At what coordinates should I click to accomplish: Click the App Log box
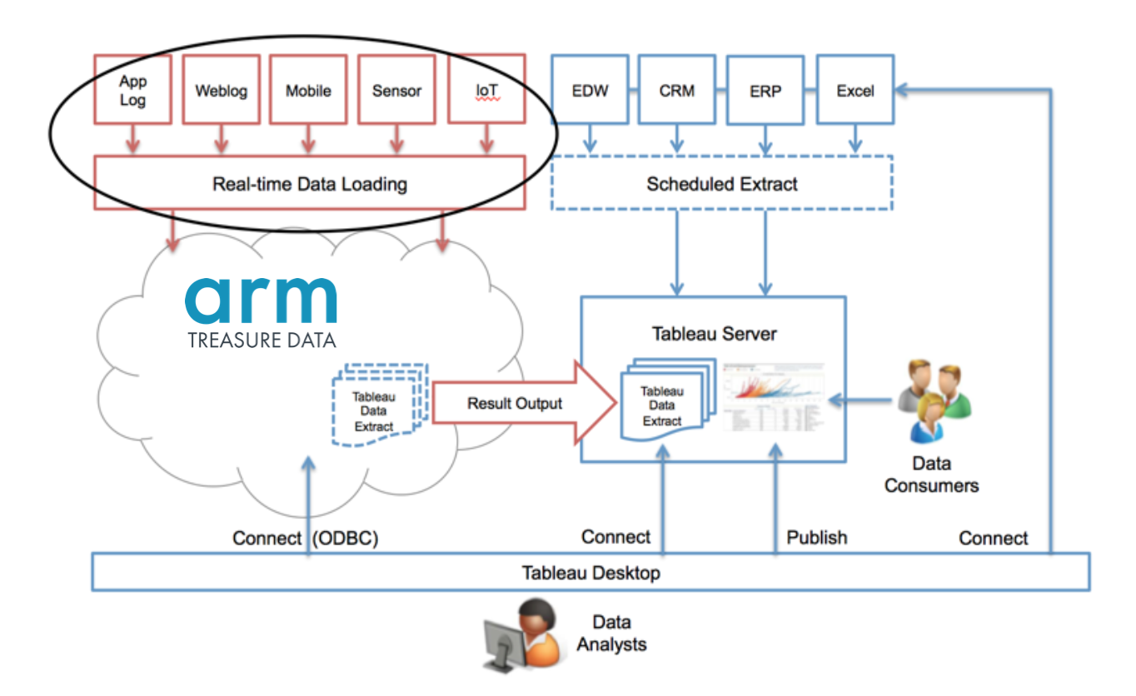[133, 91]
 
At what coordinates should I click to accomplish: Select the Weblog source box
[221, 91]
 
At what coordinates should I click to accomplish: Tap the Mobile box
[308, 91]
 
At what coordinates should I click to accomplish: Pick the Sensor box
[396, 91]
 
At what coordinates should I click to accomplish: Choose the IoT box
[486, 91]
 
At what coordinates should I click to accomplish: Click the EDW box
[590, 90]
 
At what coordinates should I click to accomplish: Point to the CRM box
[676, 90]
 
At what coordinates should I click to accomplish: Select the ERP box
[765, 91]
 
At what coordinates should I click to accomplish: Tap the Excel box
[854, 90]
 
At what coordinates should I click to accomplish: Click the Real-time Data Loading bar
[310, 183]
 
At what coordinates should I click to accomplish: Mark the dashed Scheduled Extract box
[721, 183]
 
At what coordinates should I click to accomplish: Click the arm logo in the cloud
[261, 300]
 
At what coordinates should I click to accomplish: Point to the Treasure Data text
[262, 341]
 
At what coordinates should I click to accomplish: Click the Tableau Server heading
[714, 334]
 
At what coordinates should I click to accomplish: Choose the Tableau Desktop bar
[590, 573]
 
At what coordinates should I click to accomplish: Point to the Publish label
[816, 537]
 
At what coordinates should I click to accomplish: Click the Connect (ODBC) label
[305, 539]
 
